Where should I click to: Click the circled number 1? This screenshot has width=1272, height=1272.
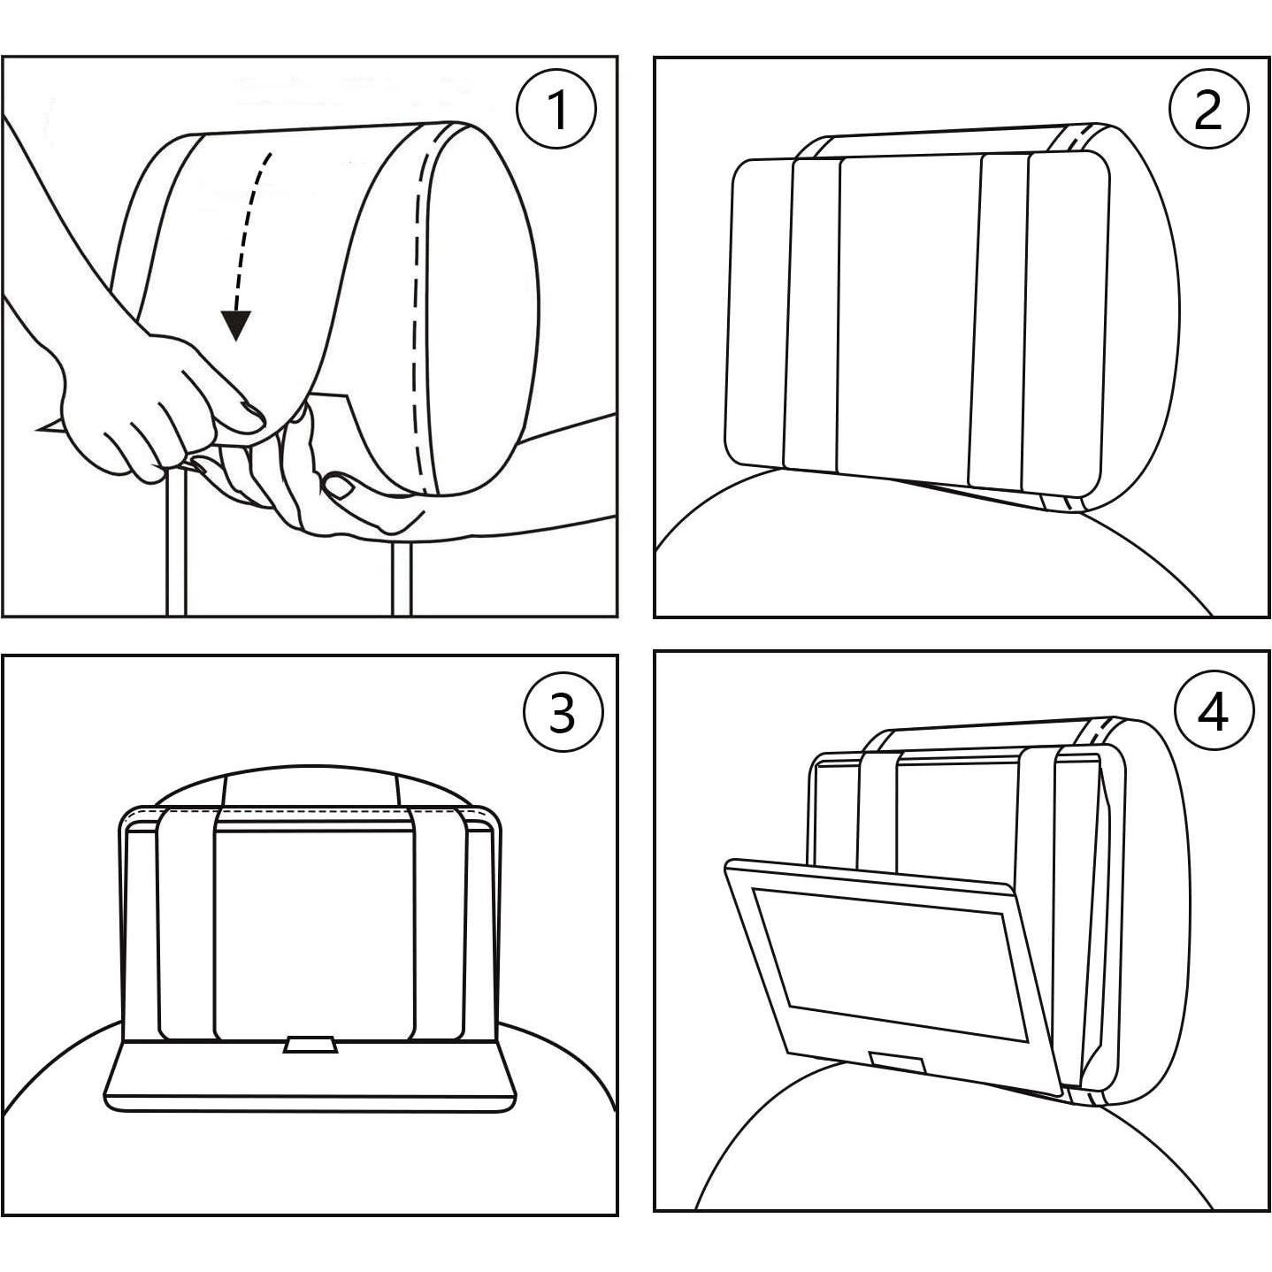tap(556, 110)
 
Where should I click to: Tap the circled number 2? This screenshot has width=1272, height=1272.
tap(1208, 110)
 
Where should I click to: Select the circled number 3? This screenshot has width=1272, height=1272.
tap(563, 712)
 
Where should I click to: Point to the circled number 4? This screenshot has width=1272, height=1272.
tap(1214, 710)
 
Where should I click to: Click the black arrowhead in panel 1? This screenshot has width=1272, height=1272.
tap(235, 326)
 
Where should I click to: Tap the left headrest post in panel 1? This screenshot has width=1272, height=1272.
tap(174, 548)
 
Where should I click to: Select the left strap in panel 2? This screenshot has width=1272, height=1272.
tap(814, 310)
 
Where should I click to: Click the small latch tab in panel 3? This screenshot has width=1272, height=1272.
tap(309, 1045)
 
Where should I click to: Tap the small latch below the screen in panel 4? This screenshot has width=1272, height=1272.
tap(898, 1061)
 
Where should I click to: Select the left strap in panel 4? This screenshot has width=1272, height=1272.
tap(878, 805)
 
